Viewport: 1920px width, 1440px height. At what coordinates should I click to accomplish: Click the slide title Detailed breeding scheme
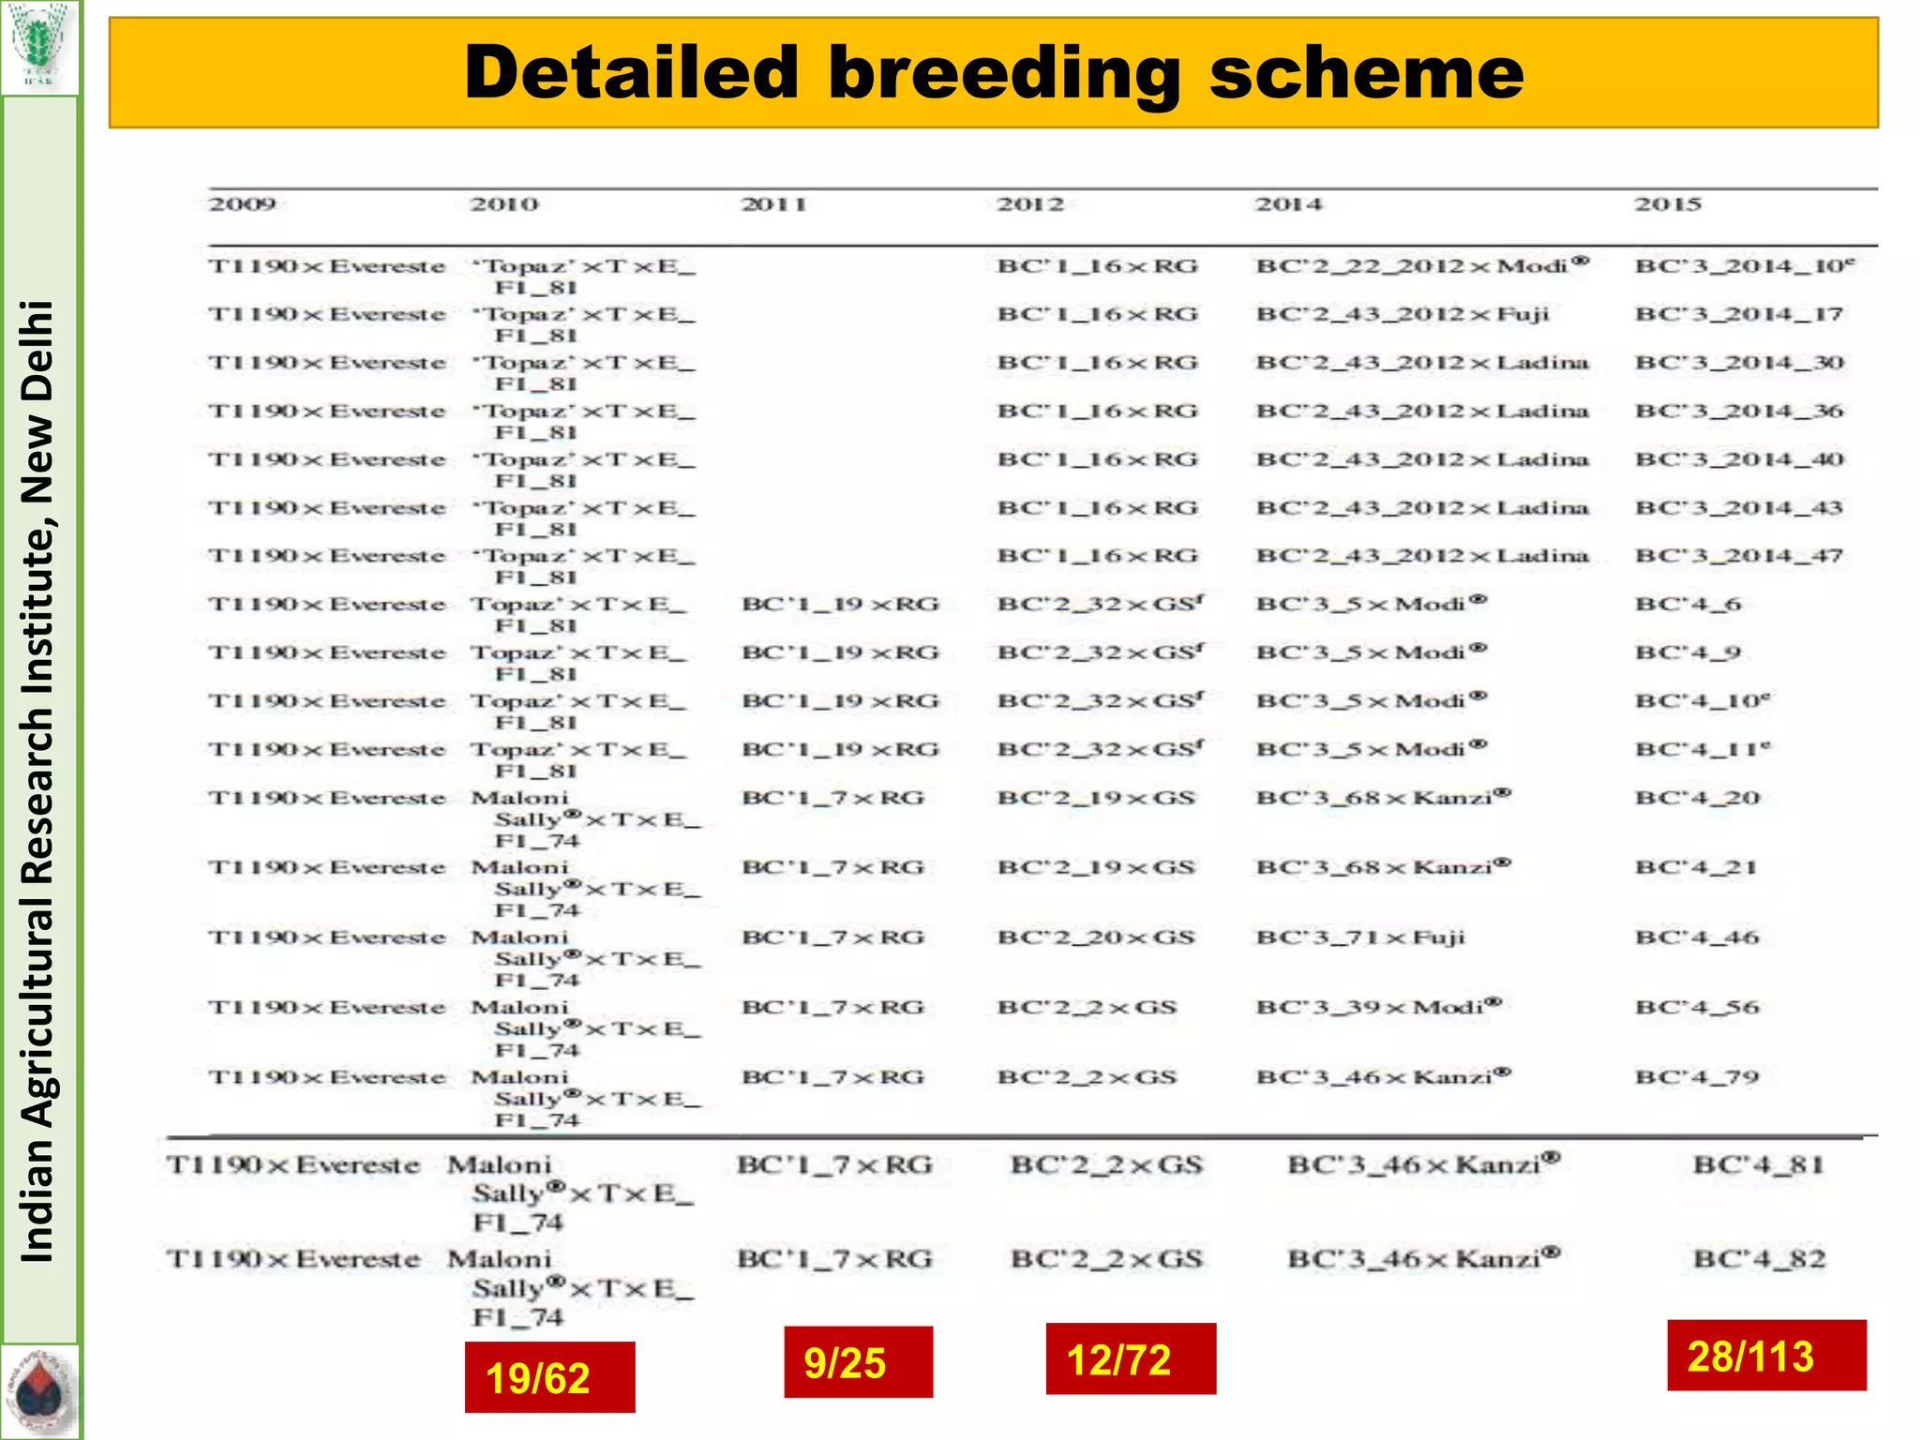[994, 73]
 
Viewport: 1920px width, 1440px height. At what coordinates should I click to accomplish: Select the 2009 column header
[242, 204]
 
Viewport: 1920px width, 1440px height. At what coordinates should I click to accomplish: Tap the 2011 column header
[773, 204]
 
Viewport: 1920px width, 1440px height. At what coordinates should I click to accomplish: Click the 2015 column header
[1667, 204]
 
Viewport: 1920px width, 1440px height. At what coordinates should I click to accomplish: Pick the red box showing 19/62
[549, 1377]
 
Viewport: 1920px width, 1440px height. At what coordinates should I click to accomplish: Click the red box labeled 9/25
[858, 1362]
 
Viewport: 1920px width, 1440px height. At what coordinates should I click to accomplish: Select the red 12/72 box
[1131, 1359]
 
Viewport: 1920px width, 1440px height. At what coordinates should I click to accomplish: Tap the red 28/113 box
[1766, 1356]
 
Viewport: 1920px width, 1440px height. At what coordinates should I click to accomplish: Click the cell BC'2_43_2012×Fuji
[1402, 314]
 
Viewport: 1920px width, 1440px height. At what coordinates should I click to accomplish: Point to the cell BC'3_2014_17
[1739, 314]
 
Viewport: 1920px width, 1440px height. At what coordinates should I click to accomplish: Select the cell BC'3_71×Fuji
[1360, 937]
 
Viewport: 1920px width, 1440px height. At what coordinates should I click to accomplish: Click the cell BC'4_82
[1759, 1259]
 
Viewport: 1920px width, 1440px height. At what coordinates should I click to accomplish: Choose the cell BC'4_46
[1697, 937]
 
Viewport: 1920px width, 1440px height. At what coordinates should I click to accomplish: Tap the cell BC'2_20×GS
[1096, 937]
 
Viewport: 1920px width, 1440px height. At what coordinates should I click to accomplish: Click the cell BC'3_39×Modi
[1378, 1007]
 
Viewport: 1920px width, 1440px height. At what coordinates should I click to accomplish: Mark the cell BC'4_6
[1687, 605]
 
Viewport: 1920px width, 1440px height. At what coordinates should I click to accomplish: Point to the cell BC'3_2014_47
[1739, 556]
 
